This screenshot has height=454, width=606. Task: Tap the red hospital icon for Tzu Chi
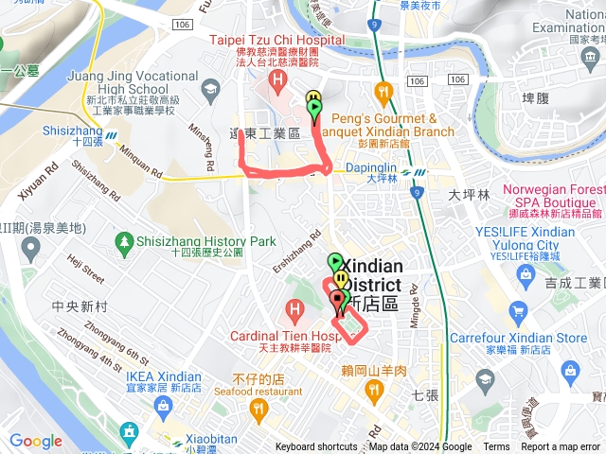coord(277,78)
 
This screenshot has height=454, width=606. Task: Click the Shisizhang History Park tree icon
coord(125,242)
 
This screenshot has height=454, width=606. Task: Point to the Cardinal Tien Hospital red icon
coord(294,308)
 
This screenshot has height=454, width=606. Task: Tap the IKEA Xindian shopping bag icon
coord(163,407)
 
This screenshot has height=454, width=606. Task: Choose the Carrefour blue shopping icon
coord(517,311)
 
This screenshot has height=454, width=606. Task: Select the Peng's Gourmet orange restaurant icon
coord(383,93)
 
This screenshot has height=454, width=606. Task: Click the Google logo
coord(36,442)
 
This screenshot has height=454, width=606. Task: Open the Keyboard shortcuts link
coord(316,447)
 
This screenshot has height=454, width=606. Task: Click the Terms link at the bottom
coord(496,447)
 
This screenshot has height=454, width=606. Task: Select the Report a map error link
coord(561,447)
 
